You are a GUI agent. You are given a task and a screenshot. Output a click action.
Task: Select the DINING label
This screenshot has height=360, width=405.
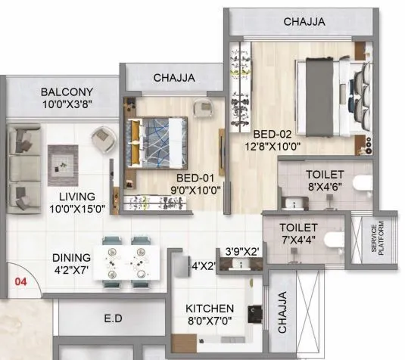[x=72, y=257]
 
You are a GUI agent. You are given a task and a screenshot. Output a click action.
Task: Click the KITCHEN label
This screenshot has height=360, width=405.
[x=210, y=309]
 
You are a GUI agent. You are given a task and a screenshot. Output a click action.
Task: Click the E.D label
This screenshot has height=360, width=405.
[x=113, y=318]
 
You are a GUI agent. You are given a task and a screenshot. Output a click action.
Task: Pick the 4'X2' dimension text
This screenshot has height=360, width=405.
[x=204, y=265]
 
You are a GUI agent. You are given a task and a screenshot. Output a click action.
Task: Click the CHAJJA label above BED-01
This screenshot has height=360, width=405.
[x=174, y=77]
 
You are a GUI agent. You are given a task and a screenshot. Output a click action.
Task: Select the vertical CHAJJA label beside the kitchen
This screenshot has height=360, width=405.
[x=282, y=314]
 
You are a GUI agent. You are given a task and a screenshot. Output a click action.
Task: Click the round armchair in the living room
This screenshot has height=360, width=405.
[x=102, y=138]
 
